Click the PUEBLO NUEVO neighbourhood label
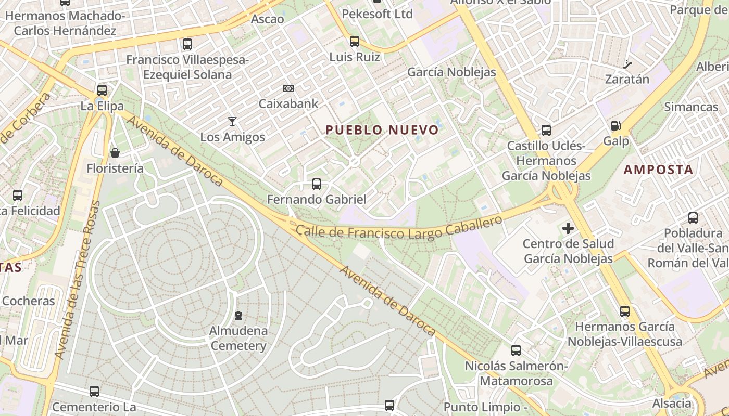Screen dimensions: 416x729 click(x=382, y=130)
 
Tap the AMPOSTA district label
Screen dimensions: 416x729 click(x=659, y=170)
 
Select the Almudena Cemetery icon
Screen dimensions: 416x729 click(x=238, y=316)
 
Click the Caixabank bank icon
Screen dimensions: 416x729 click(x=288, y=89)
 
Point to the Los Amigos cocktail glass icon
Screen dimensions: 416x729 click(x=232, y=122)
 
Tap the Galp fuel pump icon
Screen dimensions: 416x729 click(x=616, y=126)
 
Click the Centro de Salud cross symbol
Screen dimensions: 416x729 click(x=568, y=228)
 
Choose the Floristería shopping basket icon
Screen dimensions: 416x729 click(x=115, y=153)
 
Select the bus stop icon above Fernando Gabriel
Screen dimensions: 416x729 click(x=316, y=184)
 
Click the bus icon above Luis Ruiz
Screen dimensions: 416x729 click(x=355, y=41)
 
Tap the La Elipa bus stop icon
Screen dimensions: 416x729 click(x=102, y=90)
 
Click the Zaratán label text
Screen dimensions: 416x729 click(x=627, y=80)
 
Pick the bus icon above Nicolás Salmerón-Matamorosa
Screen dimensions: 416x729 click(x=516, y=350)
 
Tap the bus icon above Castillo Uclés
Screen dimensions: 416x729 click(x=546, y=131)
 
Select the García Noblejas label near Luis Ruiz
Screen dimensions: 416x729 click(x=451, y=72)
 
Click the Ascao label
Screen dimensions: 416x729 click(x=268, y=19)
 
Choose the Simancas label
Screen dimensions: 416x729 click(x=691, y=107)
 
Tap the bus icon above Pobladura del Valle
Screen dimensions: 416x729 click(x=693, y=218)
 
